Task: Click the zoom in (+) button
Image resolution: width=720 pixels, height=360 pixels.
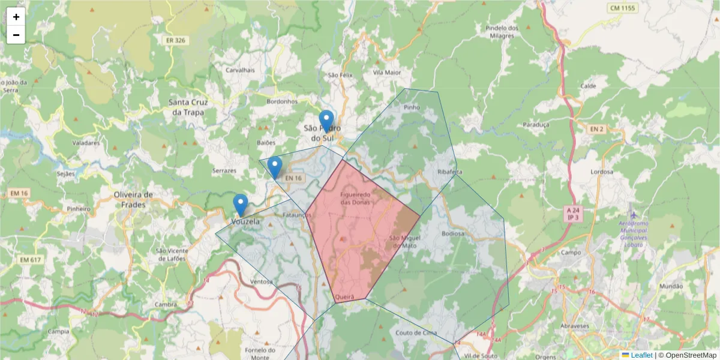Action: coord(16,17)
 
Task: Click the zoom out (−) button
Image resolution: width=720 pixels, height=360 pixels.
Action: coord(16,35)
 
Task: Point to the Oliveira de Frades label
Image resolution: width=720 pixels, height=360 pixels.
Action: coord(134,199)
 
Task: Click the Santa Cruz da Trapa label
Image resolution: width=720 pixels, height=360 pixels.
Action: coord(187,107)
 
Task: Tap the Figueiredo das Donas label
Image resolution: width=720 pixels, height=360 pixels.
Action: coord(356,198)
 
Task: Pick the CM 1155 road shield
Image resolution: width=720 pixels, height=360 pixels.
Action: coord(622,8)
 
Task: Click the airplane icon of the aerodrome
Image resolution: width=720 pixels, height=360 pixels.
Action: coord(634,214)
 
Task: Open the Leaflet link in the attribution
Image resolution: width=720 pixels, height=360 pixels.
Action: coord(641,355)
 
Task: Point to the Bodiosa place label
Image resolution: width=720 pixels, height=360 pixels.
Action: coord(452,233)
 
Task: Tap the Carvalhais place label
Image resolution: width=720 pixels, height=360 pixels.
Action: coord(240,70)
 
